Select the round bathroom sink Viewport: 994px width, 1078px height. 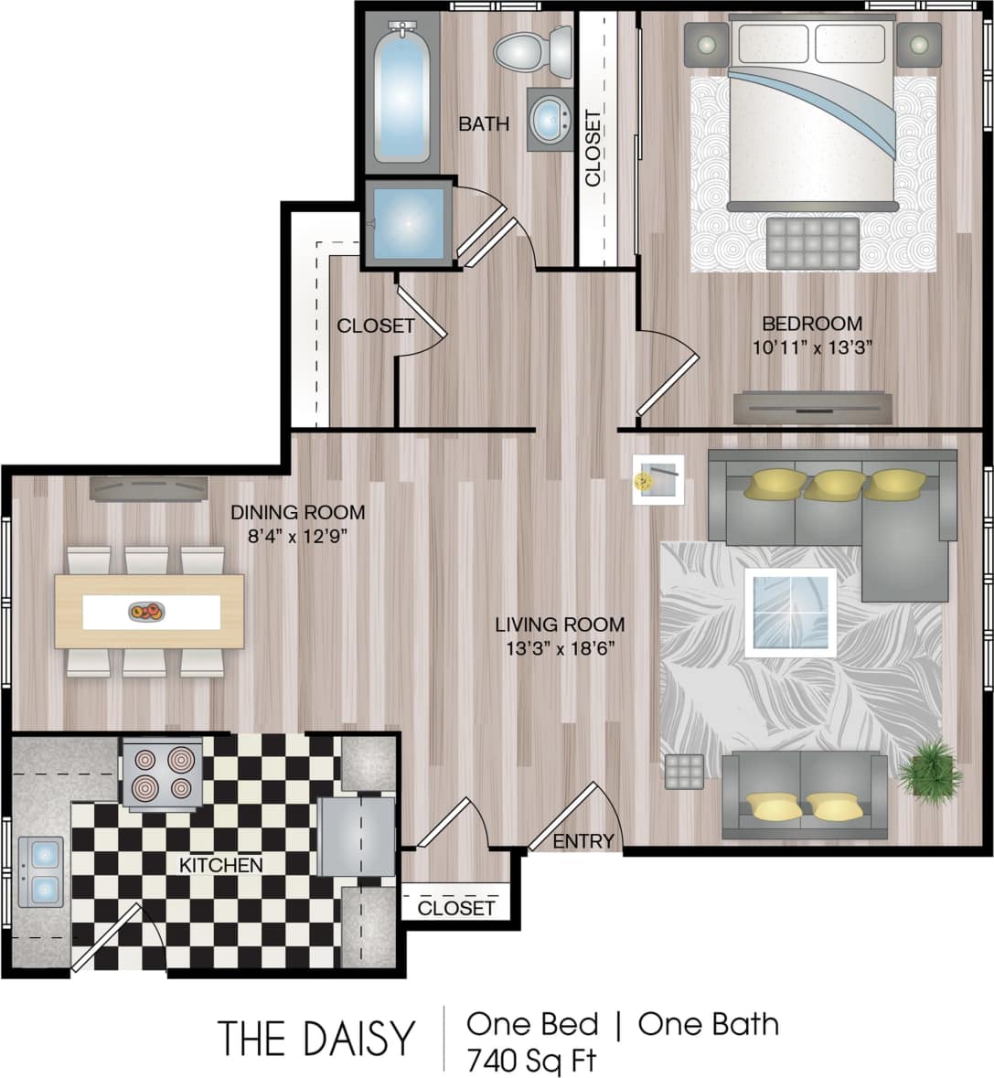550,120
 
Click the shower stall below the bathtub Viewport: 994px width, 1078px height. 408,223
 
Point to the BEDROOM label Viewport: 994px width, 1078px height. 812,324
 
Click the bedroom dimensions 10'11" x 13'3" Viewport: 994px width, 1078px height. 812,347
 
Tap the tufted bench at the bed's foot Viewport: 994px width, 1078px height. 813,243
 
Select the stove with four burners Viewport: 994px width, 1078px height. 162,773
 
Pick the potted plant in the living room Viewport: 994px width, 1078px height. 929,773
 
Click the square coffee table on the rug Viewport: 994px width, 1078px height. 791,612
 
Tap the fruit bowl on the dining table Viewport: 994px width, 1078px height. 146,612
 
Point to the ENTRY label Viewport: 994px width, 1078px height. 583,841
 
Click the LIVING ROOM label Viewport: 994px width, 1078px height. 560,625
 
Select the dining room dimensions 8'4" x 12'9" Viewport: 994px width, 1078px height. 297,537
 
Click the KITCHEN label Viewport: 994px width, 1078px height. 220,865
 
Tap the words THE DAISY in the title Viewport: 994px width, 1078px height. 315,1039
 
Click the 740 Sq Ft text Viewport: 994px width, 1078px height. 531,1061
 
